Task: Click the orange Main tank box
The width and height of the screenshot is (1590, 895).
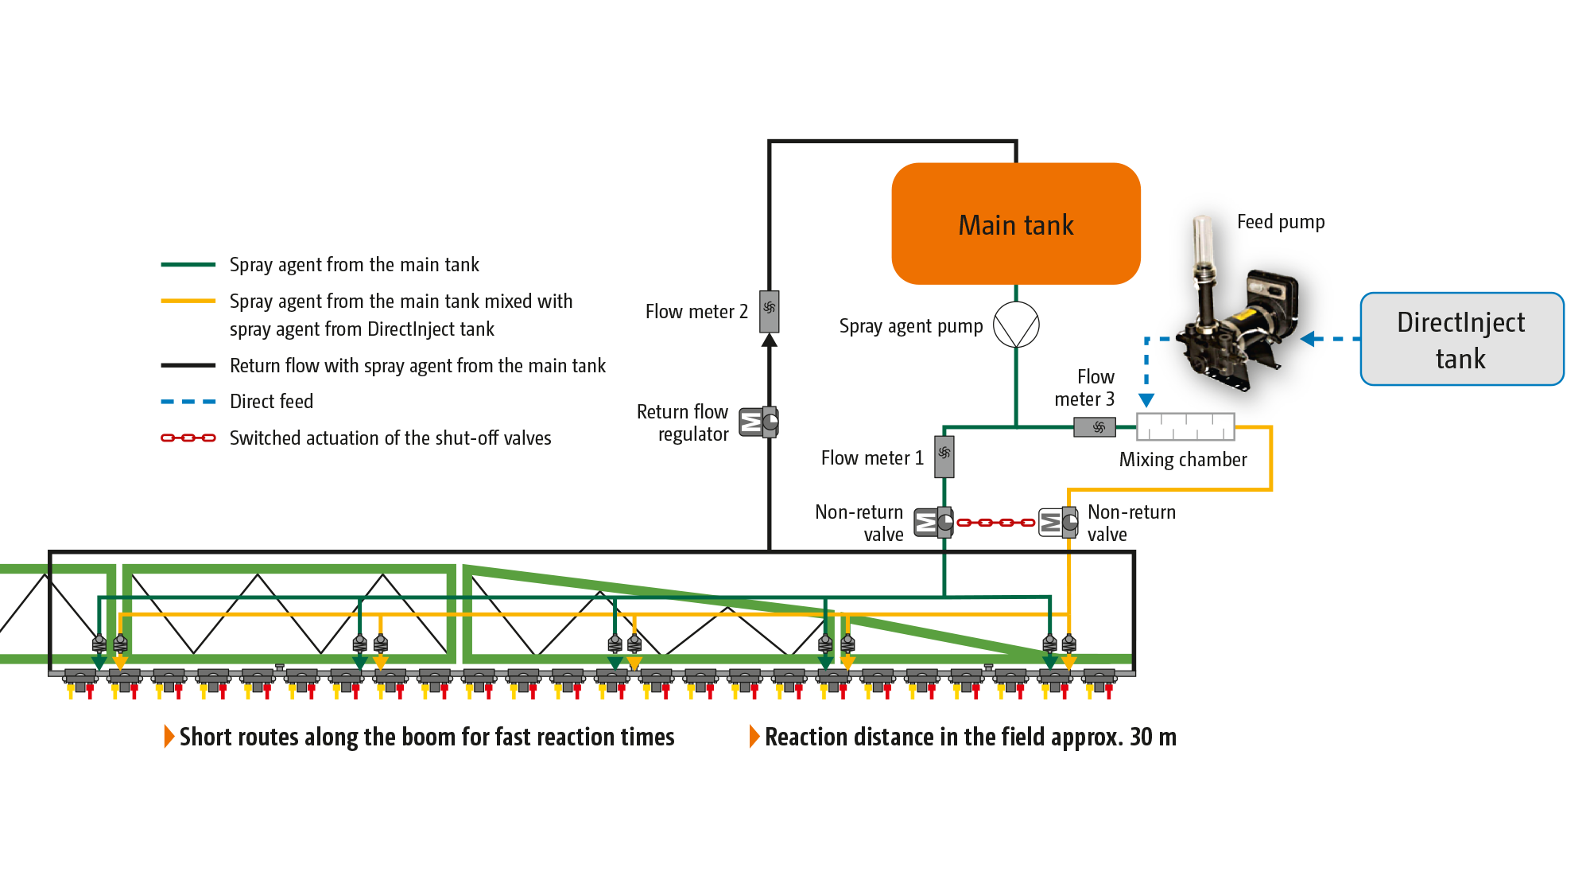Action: pos(1016,224)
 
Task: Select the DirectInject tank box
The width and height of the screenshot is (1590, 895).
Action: pos(1461,340)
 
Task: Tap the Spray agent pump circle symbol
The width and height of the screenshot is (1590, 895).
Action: pos(1016,325)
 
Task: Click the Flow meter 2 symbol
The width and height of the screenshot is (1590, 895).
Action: pos(770,310)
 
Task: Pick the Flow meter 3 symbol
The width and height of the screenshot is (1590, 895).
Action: pos(1095,427)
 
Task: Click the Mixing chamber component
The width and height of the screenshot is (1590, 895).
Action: pos(1185,426)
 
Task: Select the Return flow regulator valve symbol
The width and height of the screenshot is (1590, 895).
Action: pos(759,422)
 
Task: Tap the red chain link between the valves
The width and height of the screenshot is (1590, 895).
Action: pos(995,523)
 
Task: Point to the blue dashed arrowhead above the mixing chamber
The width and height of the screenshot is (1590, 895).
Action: pos(1146,400)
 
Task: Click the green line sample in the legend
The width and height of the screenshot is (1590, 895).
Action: pos(188,265)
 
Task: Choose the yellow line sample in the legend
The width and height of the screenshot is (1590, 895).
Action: pos(188,302)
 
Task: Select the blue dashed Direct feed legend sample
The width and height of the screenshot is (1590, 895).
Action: pos(188,402)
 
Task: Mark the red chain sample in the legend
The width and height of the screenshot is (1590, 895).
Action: pos(188,438)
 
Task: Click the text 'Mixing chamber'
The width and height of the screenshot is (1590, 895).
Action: pos(1183,460)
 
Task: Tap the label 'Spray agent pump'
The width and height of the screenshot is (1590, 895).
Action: pos(911,326)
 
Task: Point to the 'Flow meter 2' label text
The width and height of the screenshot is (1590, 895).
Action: pos(696,312)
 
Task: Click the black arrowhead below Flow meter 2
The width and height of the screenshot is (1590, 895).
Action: pos(770,340)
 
